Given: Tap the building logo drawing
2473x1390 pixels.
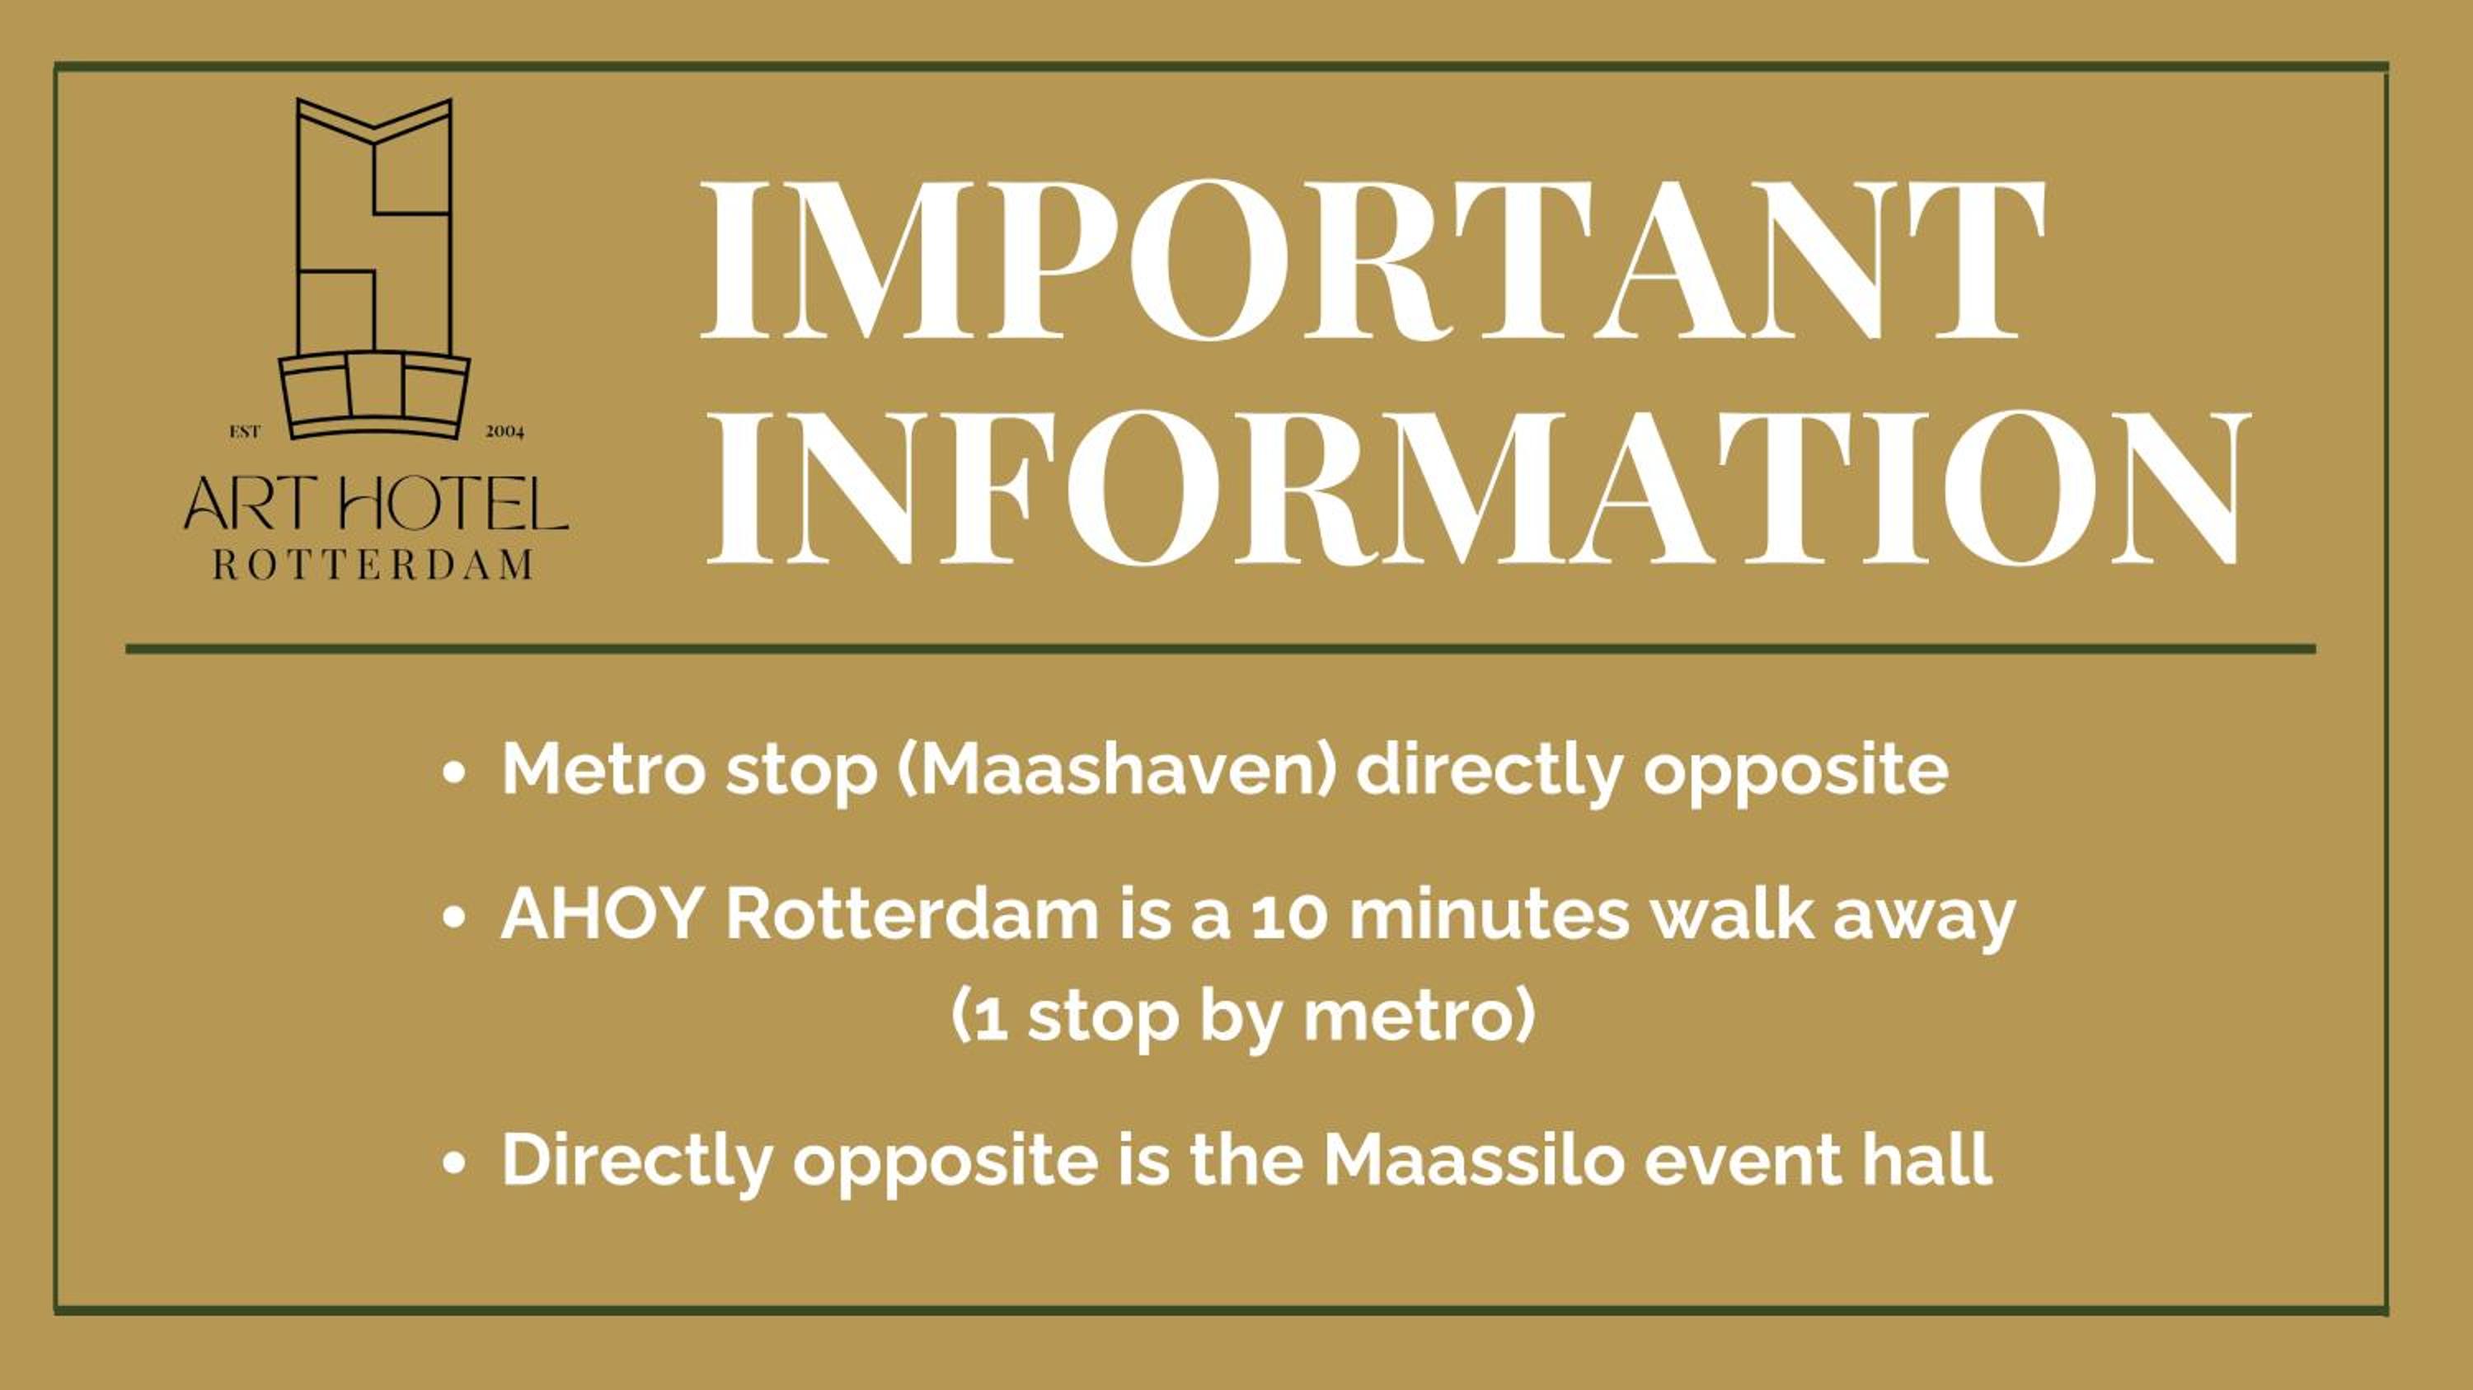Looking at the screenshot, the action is (374, 269).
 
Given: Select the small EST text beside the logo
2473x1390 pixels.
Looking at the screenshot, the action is (245, 432).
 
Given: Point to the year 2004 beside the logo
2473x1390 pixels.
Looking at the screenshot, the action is (505, 432).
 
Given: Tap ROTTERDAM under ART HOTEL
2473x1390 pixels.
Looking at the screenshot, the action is (373, 565).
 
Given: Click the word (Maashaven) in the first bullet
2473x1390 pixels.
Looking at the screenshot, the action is (1116, 770).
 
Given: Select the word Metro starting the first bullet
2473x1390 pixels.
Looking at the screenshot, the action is (605, 769).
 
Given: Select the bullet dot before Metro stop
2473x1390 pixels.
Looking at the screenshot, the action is (454, 772).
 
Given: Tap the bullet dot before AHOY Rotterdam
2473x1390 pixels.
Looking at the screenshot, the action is (454, 918).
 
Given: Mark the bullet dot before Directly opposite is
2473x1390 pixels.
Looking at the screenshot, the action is (454, 1162).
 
